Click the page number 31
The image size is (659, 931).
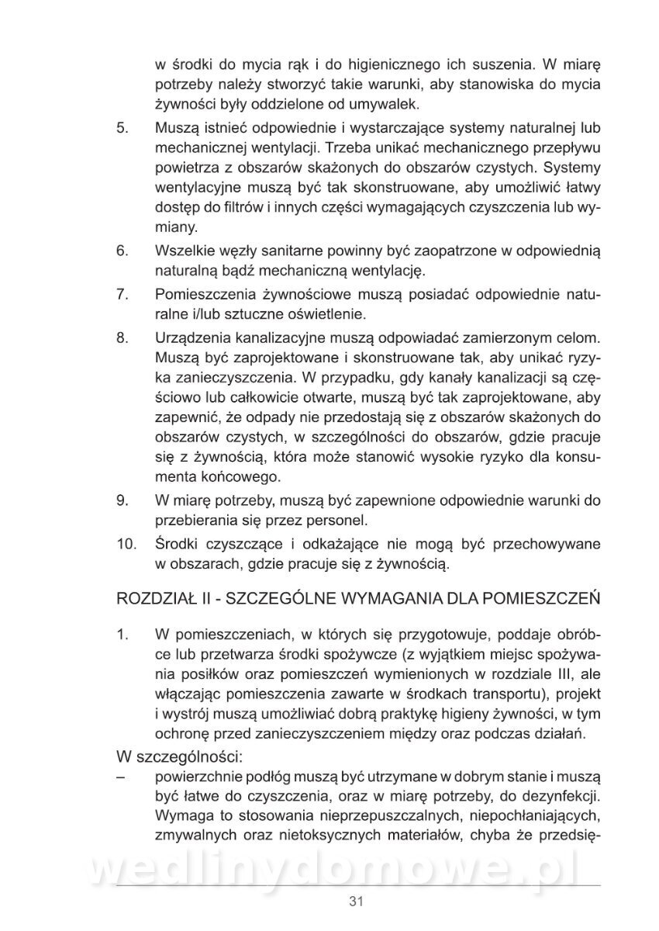click(x=357, y=901)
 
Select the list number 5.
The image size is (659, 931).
click(x=122, y=127)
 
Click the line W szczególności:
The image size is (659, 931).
click(x=180, y=756)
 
